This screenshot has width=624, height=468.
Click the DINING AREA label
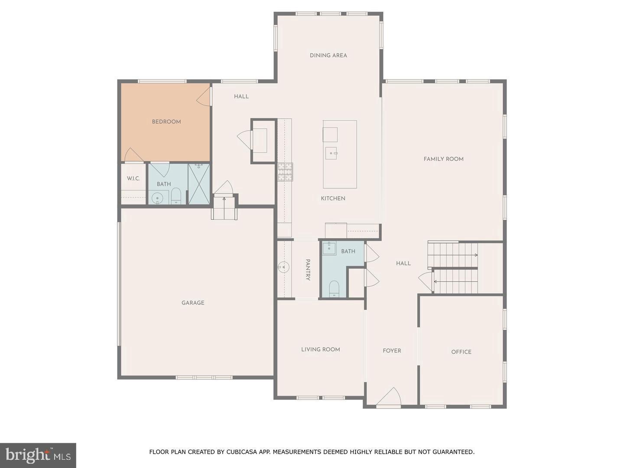(328, 55)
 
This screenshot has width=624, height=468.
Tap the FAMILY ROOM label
(443, 159)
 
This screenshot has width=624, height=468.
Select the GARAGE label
(193, 303)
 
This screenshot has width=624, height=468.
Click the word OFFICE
(461, 352)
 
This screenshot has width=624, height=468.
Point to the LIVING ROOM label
(320, 349)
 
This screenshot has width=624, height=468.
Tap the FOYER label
(392, 351)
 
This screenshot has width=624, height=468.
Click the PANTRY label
(308, 270)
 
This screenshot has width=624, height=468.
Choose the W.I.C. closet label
(133, 179)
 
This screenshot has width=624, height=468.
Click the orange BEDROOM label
(166, 122)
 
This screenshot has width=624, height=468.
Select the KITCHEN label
(333, 198)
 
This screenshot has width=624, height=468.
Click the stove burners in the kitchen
(285, 172)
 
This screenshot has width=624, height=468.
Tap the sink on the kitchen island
(331, 153)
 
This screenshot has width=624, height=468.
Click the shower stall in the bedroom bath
(199, 184)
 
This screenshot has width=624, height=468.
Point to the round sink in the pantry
(283, 267)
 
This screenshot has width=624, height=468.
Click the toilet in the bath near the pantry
(334, 289)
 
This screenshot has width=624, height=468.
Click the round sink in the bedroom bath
(157, 198)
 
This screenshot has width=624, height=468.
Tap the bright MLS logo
(38, 455)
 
